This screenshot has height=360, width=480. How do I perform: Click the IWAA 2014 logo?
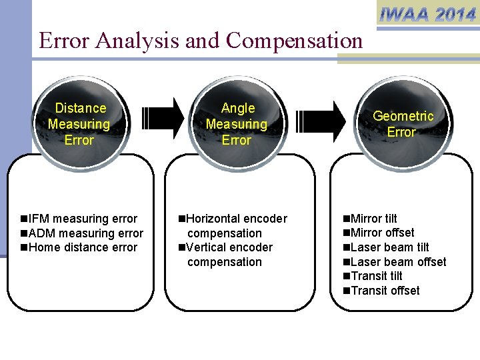tap(427, 14)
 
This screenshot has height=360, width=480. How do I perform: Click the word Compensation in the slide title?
tap(294, 41)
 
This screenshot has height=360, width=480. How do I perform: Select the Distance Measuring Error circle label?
tap(79, 124)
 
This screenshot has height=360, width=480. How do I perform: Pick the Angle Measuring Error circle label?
tap(237, 124)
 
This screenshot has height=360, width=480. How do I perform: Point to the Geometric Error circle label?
tap(402, 124)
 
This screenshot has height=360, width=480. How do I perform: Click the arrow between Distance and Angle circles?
tap(163, 118)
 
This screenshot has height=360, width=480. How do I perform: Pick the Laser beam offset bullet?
tap(394, 262)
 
